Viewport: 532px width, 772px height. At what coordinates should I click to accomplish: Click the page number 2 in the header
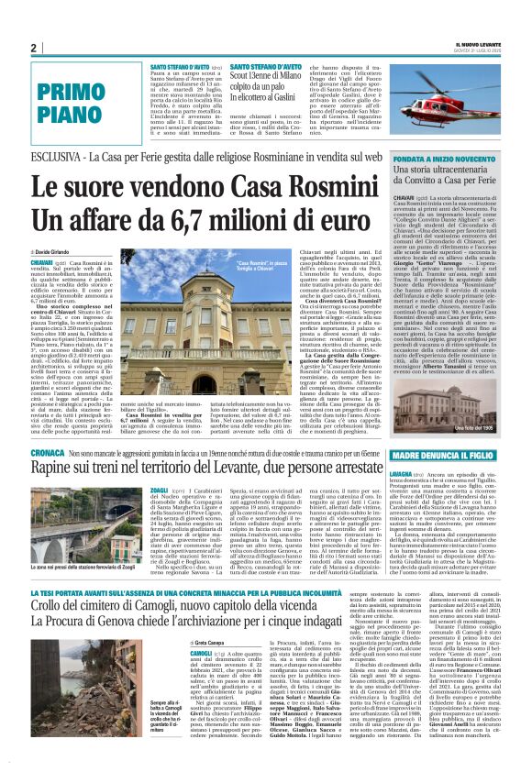pyautogui.click(x=33, y=48)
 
